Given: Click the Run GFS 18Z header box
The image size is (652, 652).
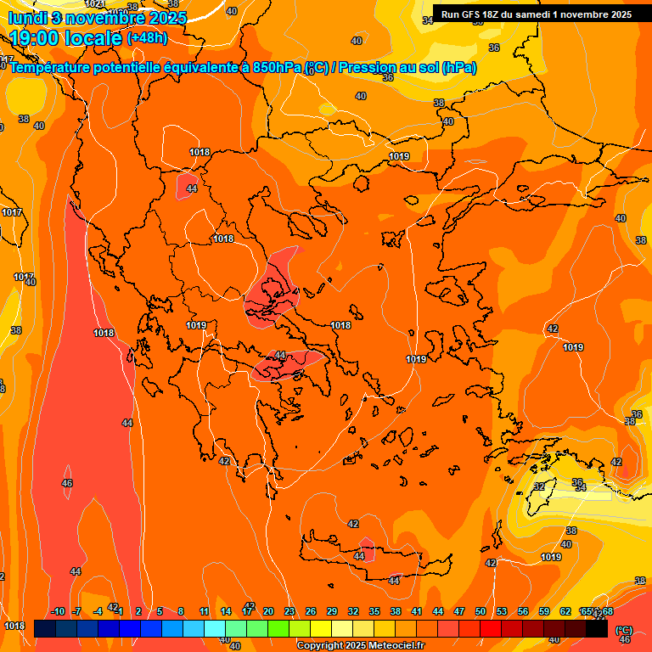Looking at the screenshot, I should (x=536, y=14).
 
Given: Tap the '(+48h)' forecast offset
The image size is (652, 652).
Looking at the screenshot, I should (x=147, y=38).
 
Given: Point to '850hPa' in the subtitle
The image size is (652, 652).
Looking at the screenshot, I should (x=277, y=68).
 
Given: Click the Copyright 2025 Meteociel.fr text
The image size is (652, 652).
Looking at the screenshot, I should (x=360, y=646).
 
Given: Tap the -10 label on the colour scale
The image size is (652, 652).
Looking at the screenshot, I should (x=58, y=611).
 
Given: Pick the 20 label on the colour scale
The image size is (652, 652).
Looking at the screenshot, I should (x=267, y=611).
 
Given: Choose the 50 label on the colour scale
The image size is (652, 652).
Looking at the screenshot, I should (x=481, y=611).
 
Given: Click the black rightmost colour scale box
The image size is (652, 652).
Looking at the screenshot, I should (x=597, y=629).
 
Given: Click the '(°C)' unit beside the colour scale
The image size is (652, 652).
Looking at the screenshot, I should (x=624, y=630).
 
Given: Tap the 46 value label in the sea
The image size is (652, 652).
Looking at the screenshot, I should (x=67, y=483).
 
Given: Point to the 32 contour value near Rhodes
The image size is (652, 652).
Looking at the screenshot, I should (x=539, y=486).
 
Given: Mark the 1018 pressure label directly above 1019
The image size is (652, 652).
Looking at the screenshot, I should (x=222, y=239).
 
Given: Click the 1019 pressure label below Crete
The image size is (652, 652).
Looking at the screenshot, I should (x=551, y=557).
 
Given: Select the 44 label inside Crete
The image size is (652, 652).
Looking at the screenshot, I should (x=360, y=556).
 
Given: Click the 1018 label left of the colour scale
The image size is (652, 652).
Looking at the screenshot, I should (x=14, y=626).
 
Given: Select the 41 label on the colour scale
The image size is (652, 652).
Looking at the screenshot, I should (x=417, y=611).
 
